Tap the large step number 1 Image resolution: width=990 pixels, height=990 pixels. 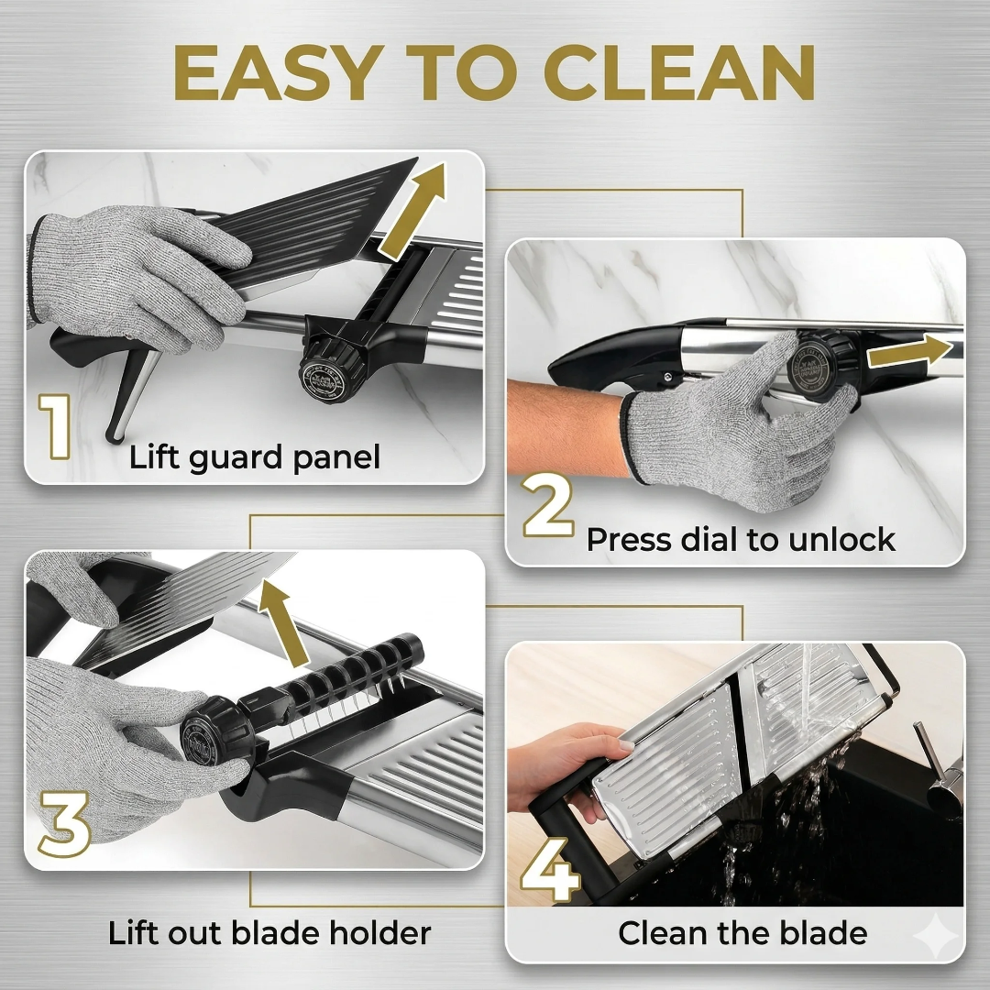(x=56, y=426)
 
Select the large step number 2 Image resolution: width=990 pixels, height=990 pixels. (x=547, y=505)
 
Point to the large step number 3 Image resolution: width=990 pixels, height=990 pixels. (x=64, y=824)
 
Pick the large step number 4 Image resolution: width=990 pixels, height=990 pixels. (x=550, y=869)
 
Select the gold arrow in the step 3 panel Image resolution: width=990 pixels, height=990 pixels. (x=283, y=624)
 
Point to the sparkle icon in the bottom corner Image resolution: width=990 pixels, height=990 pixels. (x=936, y=939)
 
